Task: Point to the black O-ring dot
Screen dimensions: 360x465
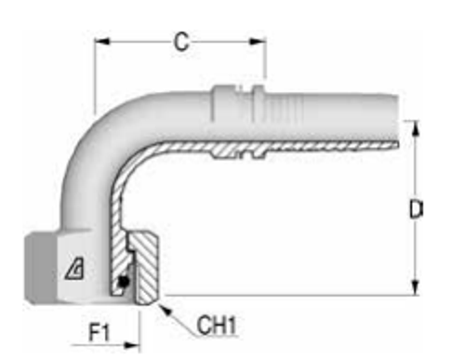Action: click(x=123, y=283)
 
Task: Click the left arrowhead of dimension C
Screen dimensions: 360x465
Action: click(x=100, y=41)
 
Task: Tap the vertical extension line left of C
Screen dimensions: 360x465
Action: click(x=94, y=74)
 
